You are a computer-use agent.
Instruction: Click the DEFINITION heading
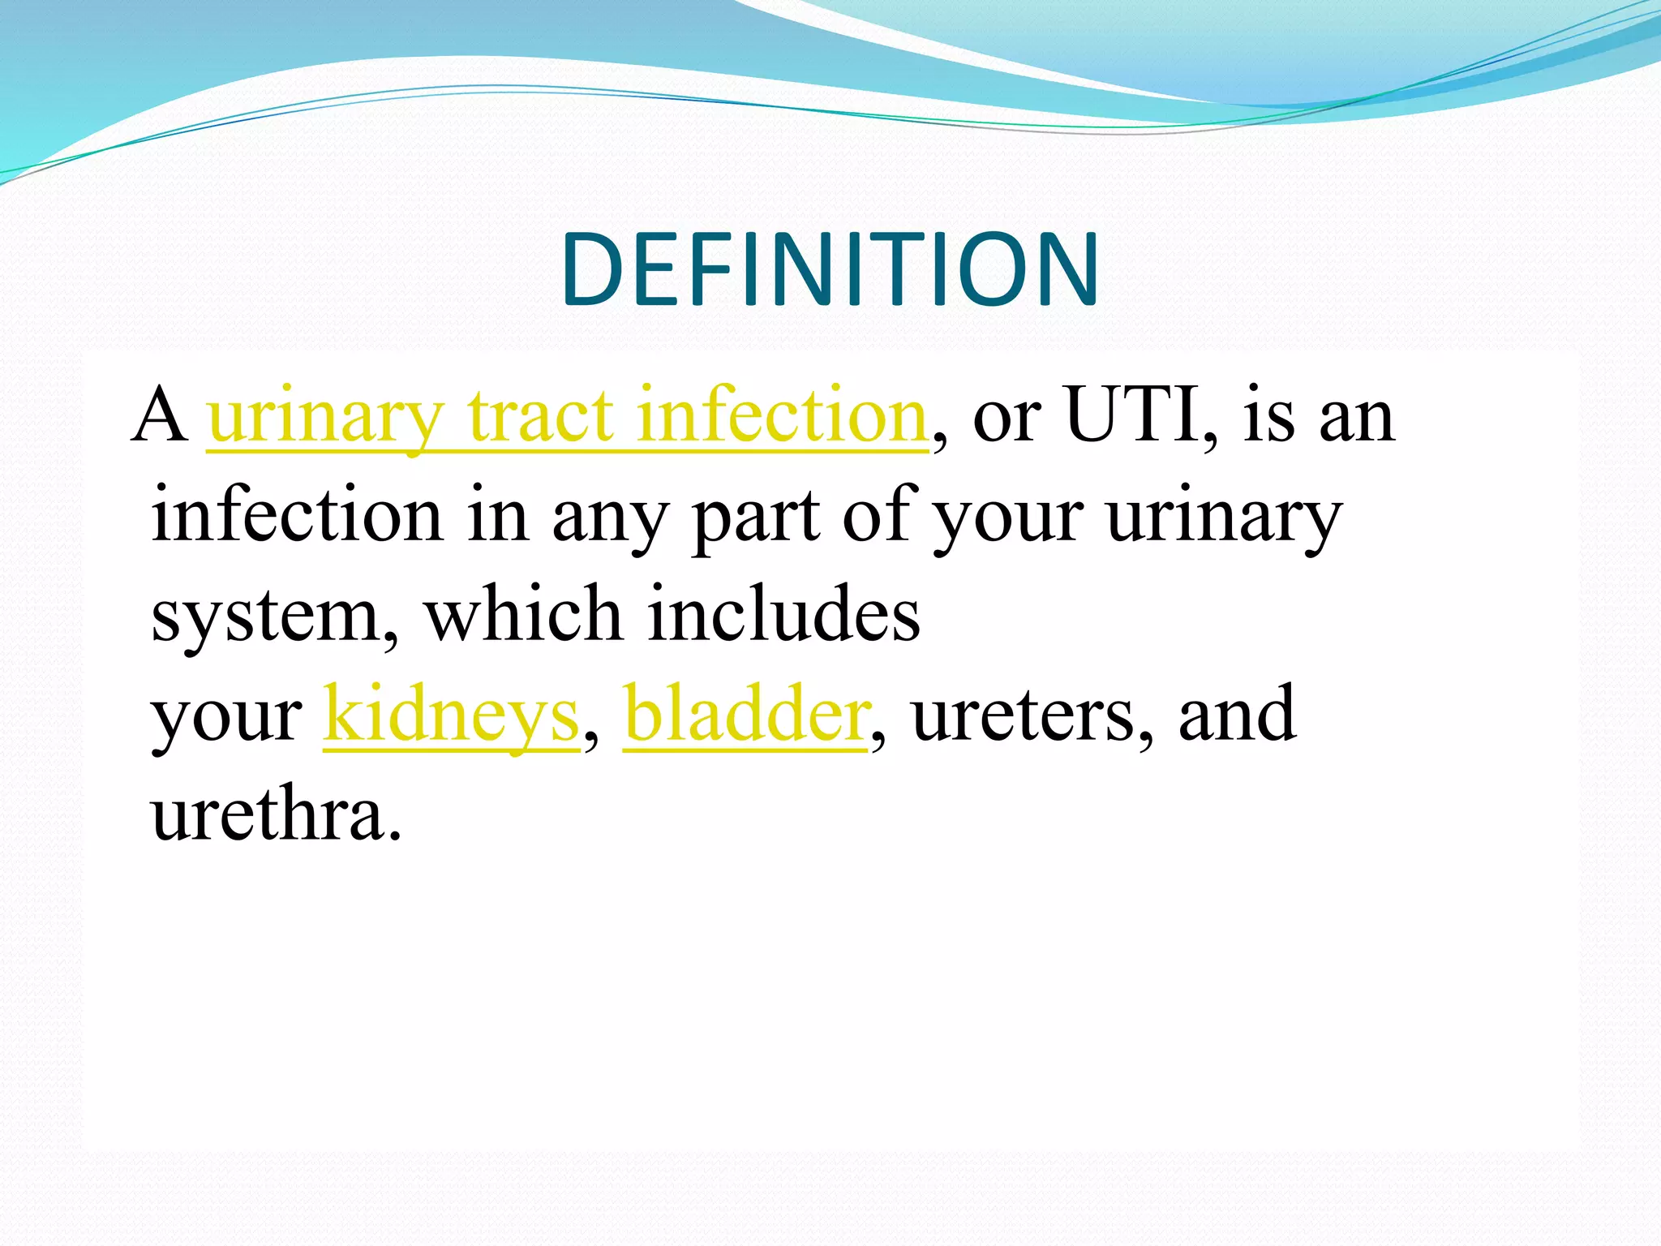[x=829, y=270]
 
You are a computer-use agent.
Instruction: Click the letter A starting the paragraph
[x=160, y=415]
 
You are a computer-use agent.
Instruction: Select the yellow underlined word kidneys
[x=451, y=715]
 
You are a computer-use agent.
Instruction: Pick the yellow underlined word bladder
[x=745, y=715]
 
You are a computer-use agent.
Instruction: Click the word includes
[x=783, y=615]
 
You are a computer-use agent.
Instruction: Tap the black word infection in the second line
[x=297, y=515]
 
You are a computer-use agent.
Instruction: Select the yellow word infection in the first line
[x=781, y=415]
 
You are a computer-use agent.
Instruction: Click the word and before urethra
[x=1236, y=715]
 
